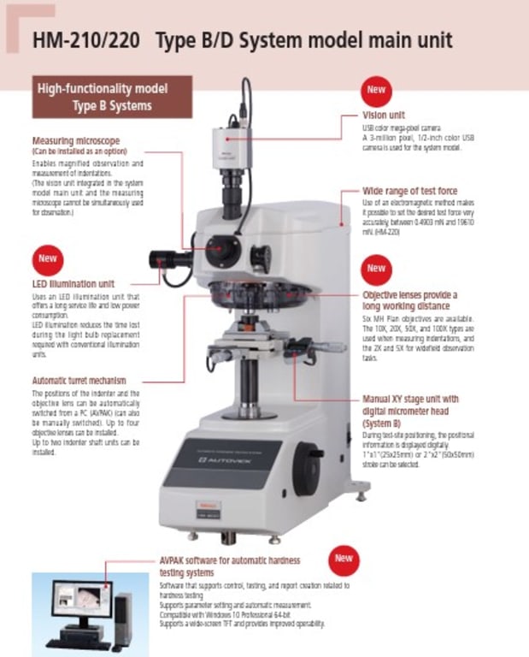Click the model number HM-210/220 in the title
point(86,40)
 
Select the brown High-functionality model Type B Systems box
point(112,97)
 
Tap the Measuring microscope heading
point(76,140)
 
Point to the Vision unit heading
point(385,115)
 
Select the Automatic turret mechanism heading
point(79,380)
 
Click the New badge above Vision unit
point(376,90)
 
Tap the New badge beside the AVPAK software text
point(344,558)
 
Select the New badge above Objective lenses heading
point(376,269)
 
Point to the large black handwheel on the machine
point(308,470)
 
